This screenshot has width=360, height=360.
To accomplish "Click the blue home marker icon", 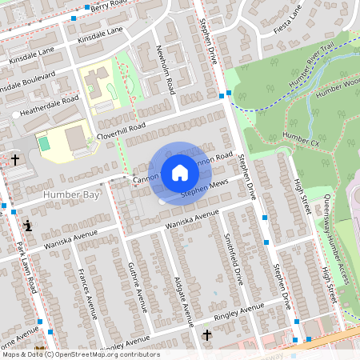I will pos(179,172).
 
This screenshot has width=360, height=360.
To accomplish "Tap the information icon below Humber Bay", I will pos(29,226).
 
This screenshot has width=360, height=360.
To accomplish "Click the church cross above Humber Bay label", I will pos(15,160).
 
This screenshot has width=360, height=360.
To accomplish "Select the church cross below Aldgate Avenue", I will pos(207,334).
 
